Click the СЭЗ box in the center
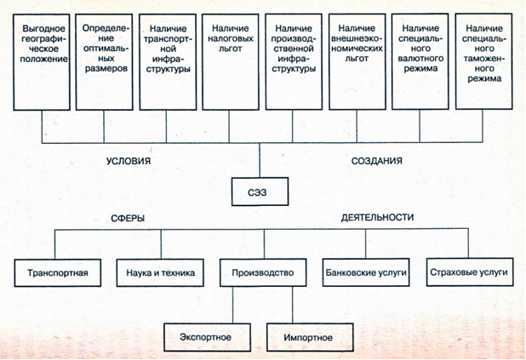click(260, 191)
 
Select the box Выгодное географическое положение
click(42, 62)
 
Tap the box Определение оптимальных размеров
click(105, 62)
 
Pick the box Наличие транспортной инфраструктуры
click(168, 62)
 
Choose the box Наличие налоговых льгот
click(231, 62)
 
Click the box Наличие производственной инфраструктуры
click(294, 62)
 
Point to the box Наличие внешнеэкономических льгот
click(357, 62)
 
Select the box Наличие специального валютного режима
click(420, 62)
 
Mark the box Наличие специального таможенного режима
click(483, 61)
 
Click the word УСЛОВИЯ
click(129, 161)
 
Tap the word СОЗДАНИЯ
click(377, 161)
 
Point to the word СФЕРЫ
click(128, 219)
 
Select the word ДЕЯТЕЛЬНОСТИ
click(377, 217)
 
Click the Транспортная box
click(58, 273)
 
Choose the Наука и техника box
click(160, 273)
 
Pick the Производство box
click(263, 272)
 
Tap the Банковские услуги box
click(366, 272)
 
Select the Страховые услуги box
click(470, 272)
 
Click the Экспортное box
click(208, 337)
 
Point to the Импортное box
click(310, 337)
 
